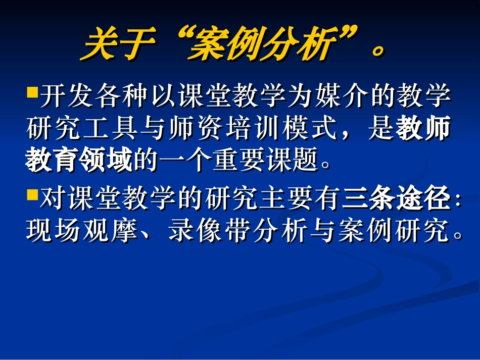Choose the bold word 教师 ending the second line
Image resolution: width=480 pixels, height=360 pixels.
[x=423, y=130]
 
